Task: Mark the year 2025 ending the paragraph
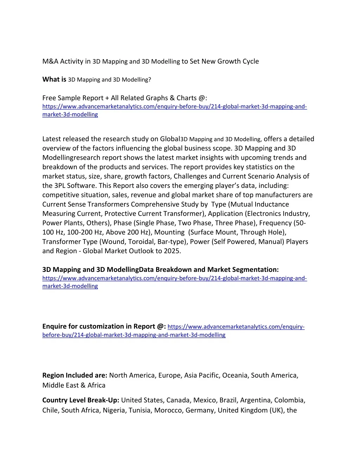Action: tap(172, 251)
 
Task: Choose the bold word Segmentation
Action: tap(255, 270)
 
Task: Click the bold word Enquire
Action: tap(55, 326)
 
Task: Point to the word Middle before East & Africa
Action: tap(52, 385)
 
